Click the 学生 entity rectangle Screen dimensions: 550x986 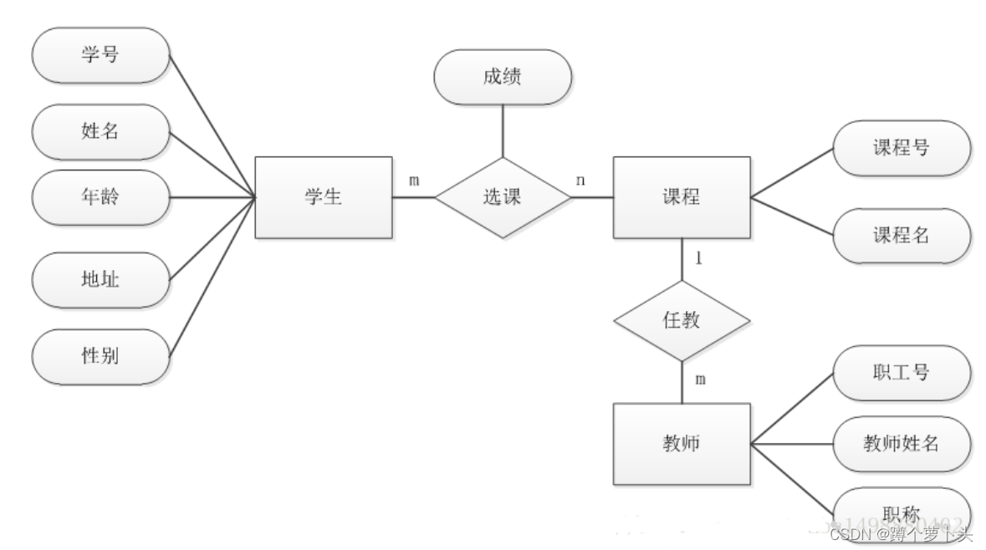pos(323,198)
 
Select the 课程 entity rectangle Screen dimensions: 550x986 pos(681,197)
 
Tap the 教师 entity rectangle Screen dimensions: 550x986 pos(681,444)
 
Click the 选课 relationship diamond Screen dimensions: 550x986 pos(502,198)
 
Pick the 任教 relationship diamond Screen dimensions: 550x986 pos(681,321)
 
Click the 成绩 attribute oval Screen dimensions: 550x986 pos(502,78)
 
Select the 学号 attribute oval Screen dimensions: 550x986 pos(100,55)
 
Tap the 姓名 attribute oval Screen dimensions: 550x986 pos(100,130)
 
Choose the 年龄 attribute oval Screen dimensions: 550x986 pos(100,198)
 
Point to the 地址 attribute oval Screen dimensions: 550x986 pos(100,279)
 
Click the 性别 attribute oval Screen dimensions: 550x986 pos(100,355)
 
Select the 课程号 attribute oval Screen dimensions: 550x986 pos(902,148)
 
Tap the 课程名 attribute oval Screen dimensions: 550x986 pos(902,236)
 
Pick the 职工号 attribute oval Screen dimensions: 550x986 pos(902,373)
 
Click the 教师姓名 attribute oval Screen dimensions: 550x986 pos(902,444)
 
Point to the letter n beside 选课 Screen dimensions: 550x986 pos(580,181)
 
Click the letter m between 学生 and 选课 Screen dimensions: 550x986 pos(414,181)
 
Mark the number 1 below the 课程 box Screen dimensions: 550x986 pos(698,258)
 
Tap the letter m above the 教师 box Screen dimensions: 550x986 pos(700,379)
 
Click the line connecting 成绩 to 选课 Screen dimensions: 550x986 pos(502,131)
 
